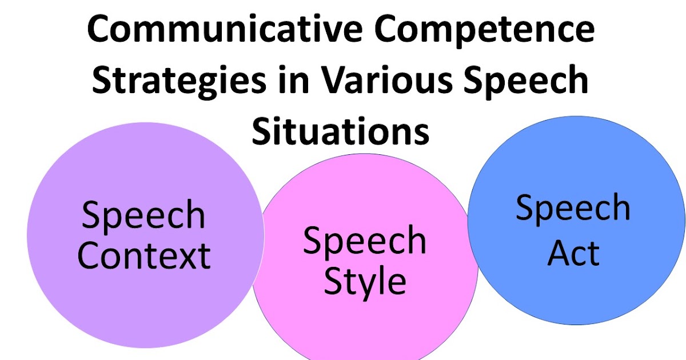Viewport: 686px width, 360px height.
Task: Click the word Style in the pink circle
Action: pyautogui.click(x=365, y=282)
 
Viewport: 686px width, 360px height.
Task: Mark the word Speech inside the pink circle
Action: pyautogui.click(x=365, y=241)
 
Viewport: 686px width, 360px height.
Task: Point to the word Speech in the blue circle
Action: pyautogui.click(x=573, y=208)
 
